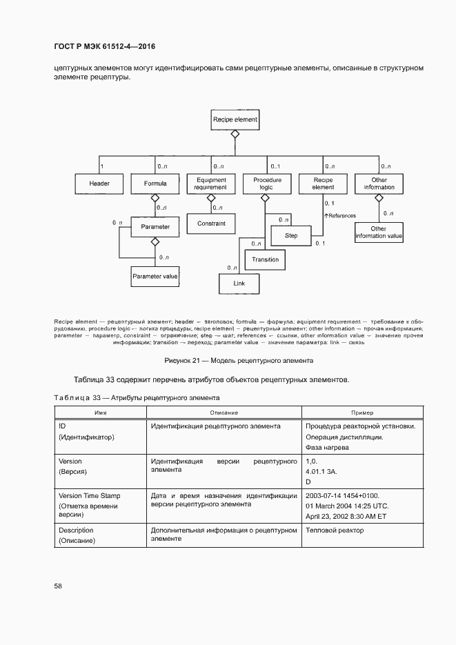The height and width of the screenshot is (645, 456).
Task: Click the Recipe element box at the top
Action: (x=235, y=119)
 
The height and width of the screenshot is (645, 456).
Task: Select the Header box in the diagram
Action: (x=99, y=183)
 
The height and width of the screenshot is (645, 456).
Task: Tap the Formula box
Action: (x=155, y=183)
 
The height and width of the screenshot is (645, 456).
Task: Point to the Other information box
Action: (x=379, y=183)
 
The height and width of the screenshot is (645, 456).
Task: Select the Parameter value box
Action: (x=155, y=277)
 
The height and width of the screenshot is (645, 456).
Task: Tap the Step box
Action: (x=290, y=235)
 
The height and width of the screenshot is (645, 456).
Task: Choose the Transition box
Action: (x=266, y=259)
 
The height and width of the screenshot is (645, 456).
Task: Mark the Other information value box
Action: (x=378, y=232)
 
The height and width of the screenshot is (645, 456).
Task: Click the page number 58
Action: (x=58, y=586)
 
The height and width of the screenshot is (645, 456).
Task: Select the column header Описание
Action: (x=224, y=412)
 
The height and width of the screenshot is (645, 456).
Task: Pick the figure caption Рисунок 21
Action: (x=238, y=360)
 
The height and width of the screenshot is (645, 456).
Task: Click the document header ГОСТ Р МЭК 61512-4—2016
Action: (x=104, y=46)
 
